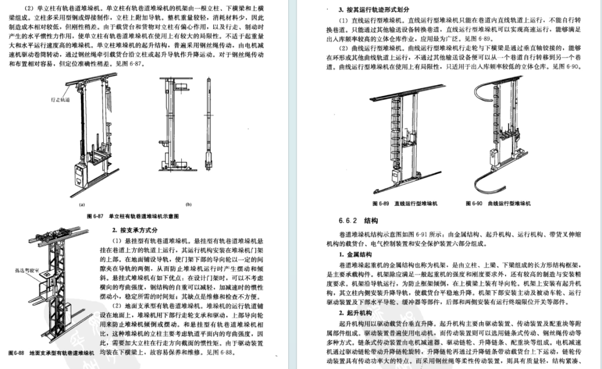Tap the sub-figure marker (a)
click(81, 204)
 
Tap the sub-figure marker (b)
click(188, 204)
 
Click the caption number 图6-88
click(17, 353)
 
